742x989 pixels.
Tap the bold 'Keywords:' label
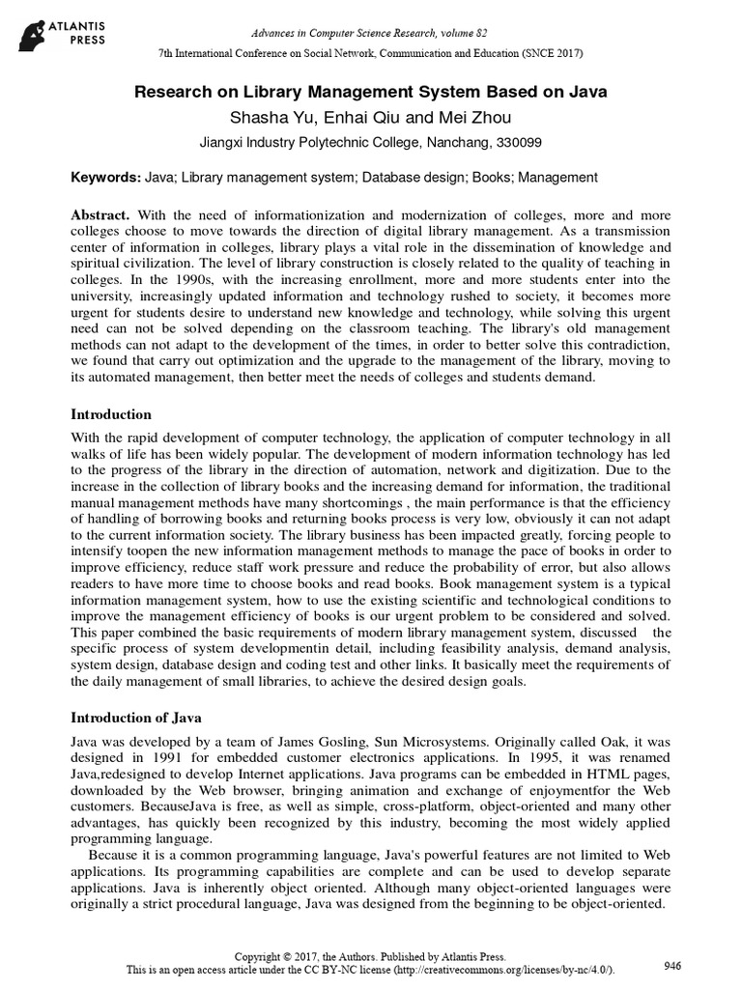pyautogui.click(x=106, y=179)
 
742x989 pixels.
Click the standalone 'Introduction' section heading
pyautogui.click(x=111, y=414)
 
